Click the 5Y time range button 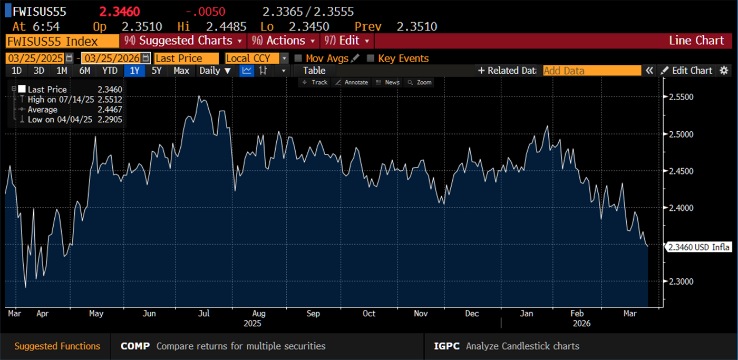coord(157,71)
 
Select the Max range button coord(181,71)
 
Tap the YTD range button coord(110,71)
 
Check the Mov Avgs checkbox coord(298,59)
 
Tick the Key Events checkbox coord(371,59)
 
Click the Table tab coord(314,71)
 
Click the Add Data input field coord(591,71)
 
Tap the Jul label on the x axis coord(203,314)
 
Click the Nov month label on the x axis coord(420,314)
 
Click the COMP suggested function coord(135,346)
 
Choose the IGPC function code coord(446,346)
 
